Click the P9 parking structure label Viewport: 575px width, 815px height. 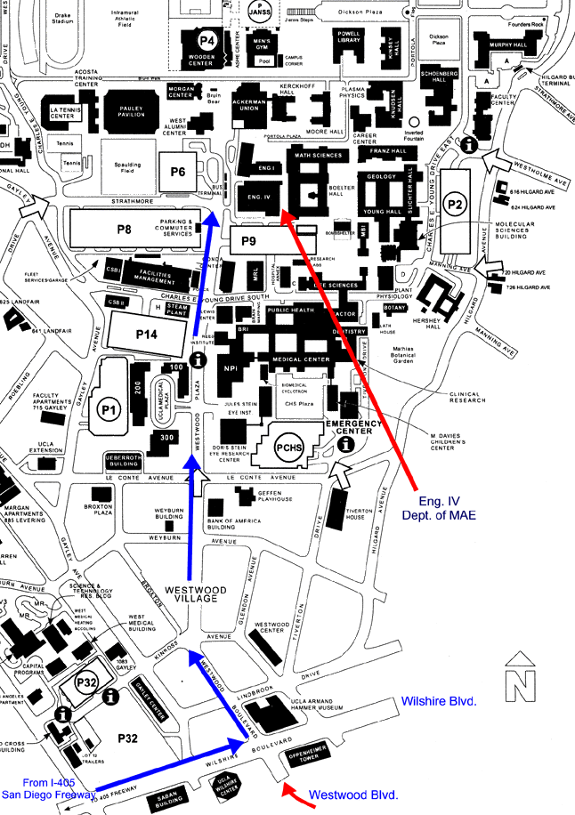point(248,240)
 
